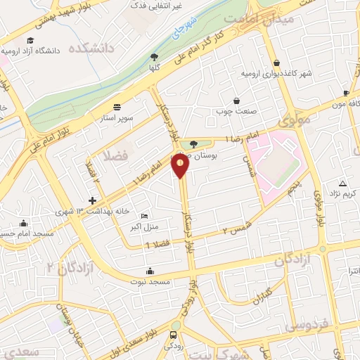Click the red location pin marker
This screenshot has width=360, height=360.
(x=181, y=166)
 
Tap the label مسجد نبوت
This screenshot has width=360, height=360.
(x=150, y=281)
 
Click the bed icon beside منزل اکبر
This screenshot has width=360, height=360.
(x=144, y=216)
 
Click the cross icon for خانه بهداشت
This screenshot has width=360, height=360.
(x=92, y=200)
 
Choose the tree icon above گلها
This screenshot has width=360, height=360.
(x=154, y=58)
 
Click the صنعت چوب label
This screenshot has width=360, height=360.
(x=236, y=110)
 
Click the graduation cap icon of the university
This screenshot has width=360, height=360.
(x=31, y=40)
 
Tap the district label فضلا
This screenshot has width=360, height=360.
(x=115, y=155)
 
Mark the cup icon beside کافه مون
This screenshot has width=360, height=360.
(x=346, y=93)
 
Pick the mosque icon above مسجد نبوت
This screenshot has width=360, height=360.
(x=149, y=271)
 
